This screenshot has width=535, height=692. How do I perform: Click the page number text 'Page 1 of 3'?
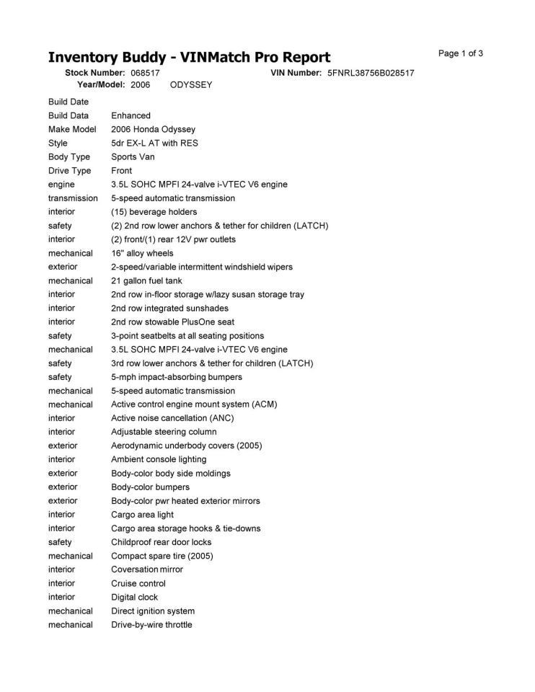(461, 53)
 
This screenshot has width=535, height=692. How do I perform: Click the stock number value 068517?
(145, 73)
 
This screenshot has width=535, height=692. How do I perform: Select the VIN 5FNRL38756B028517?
(371, 73)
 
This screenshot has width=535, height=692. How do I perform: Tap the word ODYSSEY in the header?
(191, 85)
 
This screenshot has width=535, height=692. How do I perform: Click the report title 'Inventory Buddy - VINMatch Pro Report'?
(189, 58)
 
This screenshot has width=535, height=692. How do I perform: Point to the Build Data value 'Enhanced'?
(131, 115)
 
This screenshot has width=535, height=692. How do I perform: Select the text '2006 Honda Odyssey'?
(153, 129)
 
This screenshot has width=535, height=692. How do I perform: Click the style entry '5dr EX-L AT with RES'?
(154, 143)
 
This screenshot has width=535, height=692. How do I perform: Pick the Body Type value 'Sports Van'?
(133, 156)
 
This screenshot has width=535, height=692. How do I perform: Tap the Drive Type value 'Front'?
(122, 171)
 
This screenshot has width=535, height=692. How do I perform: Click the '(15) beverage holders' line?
(154, 212)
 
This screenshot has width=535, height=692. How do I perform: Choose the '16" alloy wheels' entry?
(142, 253)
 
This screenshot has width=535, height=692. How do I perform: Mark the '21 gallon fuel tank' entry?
(148, 280)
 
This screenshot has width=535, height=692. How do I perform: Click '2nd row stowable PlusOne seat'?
(172, 321)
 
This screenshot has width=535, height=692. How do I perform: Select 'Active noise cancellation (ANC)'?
(172, 418)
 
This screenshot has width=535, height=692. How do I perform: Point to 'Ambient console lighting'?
(159, 459)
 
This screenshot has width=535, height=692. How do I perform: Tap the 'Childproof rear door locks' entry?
(161, 542)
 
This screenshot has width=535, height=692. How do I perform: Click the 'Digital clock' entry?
(134, 597)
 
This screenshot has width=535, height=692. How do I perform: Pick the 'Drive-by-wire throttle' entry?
(151, 624)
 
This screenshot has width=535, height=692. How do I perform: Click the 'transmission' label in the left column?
(73, 198)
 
